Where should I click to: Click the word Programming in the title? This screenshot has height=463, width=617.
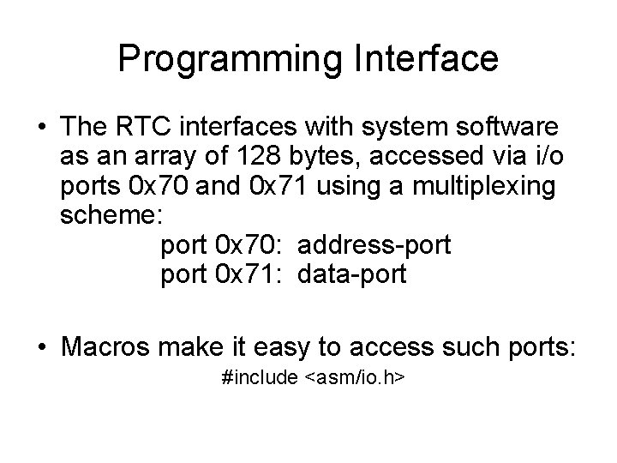pyautogui.click(x=225, y=59)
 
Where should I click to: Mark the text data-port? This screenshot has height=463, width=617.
pyautogui.click(x=352, y=275)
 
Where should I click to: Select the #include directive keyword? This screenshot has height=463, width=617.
pyautogui.click(x=259, y=378)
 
